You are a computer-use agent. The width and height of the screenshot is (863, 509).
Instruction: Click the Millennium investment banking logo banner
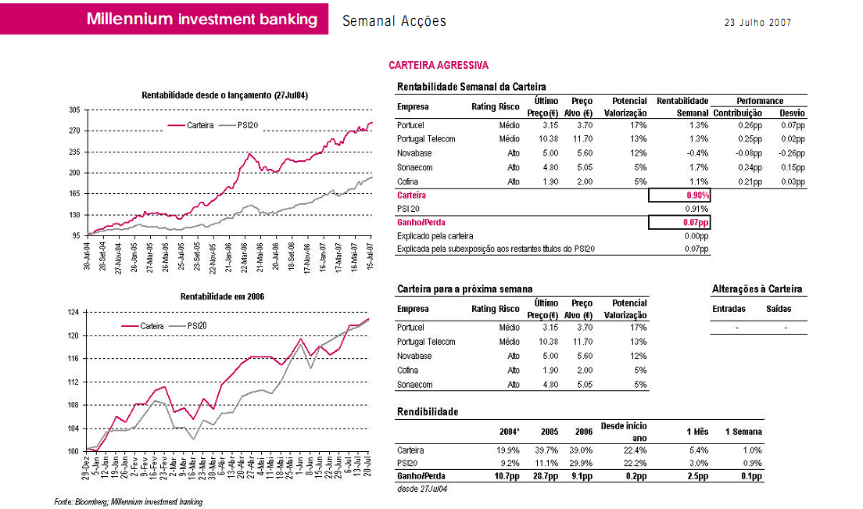coord(202,20)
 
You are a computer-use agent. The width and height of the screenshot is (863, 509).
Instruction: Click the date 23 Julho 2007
coord(758,23)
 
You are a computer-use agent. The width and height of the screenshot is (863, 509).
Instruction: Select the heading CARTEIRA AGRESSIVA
coord(439,66)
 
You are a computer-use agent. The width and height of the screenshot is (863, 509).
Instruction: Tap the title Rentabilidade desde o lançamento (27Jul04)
coord(225,95)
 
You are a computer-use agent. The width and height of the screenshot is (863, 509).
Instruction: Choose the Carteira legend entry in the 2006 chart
coord(152,325)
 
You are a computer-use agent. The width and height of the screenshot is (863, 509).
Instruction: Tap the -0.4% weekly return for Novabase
coord(697,153)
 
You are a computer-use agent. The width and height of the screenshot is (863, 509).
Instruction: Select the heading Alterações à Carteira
coord(757,289)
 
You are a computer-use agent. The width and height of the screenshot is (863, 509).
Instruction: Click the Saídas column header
coord(779,309)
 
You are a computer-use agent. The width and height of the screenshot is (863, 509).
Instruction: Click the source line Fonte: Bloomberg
coord(128,501)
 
